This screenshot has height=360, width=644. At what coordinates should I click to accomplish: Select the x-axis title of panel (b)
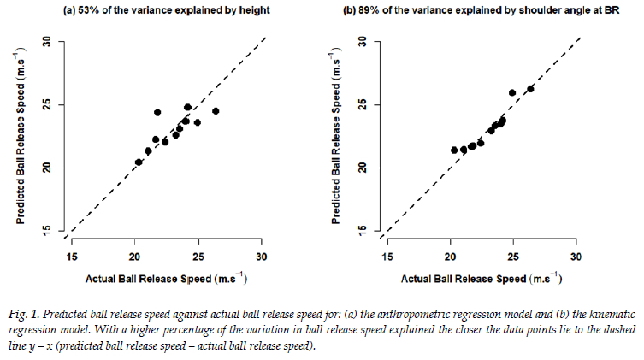(x=482, y=279)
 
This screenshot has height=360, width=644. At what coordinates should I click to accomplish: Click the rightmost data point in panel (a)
(x=216, y=111)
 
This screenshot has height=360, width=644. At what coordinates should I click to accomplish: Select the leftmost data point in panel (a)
(x=139, y=162)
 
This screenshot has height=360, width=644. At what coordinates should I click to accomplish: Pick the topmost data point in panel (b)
(x=530, y=88)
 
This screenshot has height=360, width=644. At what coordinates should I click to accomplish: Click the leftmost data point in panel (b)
(x=454, y=150)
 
